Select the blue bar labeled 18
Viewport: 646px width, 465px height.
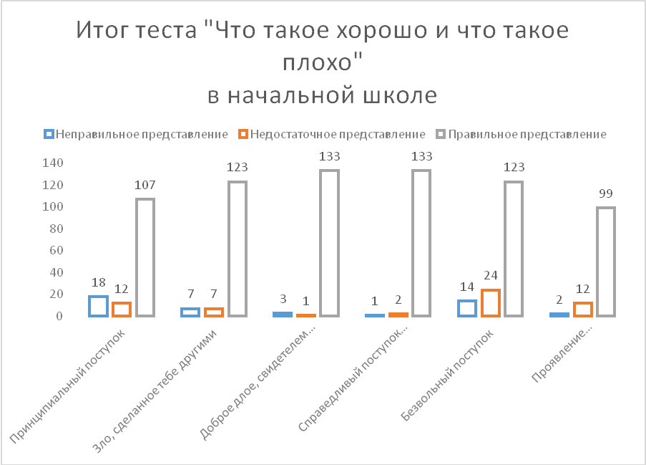pos(90,306)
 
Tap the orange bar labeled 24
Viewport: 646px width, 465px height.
pos(482,303)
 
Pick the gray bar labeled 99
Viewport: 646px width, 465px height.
pos(598,262)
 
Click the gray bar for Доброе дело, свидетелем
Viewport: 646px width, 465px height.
pos(321,244)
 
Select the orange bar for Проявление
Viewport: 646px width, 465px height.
pos(574,310)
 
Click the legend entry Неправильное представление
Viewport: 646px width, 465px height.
pos(135,135)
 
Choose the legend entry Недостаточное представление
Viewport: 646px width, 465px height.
pos(332,135)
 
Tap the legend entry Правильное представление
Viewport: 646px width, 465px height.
pos(522,135)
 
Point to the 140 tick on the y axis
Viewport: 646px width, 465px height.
pos(53,163)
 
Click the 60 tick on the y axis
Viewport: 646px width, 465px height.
pos(56,251)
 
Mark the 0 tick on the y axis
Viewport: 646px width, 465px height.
pos(60,316)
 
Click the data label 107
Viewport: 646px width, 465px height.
pos(145,185)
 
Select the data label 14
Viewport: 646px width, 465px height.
pos(466,287)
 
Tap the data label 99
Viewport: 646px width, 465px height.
pos(606,193)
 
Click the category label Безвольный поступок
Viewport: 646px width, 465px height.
pos(446,375)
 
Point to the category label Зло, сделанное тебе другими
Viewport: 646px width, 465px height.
pos(153,390)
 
